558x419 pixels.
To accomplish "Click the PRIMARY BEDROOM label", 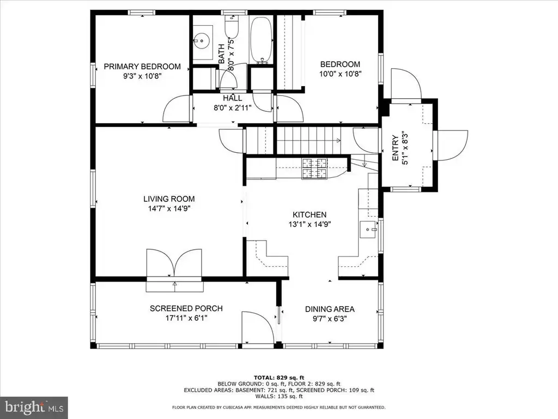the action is pyautogui.click(x=142, y=67).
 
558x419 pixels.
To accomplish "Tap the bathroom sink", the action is pyautogui.click(x=202, y=40).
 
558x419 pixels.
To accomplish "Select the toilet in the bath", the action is pyautogui.click(x=231, y=26).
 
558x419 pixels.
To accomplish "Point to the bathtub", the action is pyautogui.click(x=260, y=40).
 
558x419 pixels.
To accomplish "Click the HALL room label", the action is pyautogui.click(x=232, y=98).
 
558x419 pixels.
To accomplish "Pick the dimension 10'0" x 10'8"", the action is pyautogui.click(x=340, y=74).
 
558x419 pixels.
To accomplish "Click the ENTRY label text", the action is pyautogui.click(x=395, y=148).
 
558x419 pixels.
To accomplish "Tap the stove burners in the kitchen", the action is pyautogui.click(x=314, y=169).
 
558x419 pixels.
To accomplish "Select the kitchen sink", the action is pyautogui.click(x=368, y=229).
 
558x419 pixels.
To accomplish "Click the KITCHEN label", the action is pyautogui.click(x=310, y=214).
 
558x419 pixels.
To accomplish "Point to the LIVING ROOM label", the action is pyautogui.click(x=169, y=199).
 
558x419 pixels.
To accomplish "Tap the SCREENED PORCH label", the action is pyautogui.click(x=186, y=309).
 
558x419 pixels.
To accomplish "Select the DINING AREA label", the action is pyautogui.click(x=330, y=309).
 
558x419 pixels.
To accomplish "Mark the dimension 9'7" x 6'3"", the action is pyautogui.click(x=330, y=319).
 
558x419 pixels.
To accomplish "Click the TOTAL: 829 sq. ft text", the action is pyautogui.click(x=279, y=378).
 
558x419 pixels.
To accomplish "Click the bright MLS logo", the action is pyautogui.click(x=34, y=406).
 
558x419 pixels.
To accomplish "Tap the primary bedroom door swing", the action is pyautogui.click(x=176, y=109).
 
